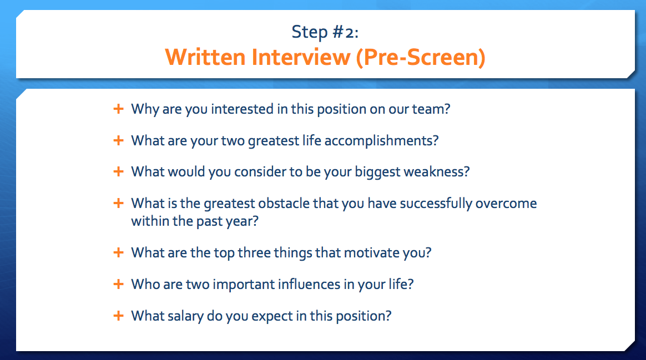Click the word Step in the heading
[310, 32]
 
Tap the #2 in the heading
[345, 32]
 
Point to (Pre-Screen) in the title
[421, 57]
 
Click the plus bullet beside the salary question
[118, 316]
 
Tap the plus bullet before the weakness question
[118, 171]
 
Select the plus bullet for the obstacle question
[118, 203]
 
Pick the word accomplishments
[381, 141]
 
